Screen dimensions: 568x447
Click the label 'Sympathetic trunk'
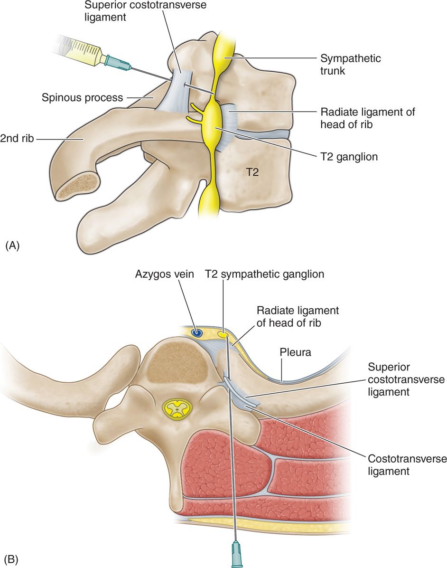(351, 65)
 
